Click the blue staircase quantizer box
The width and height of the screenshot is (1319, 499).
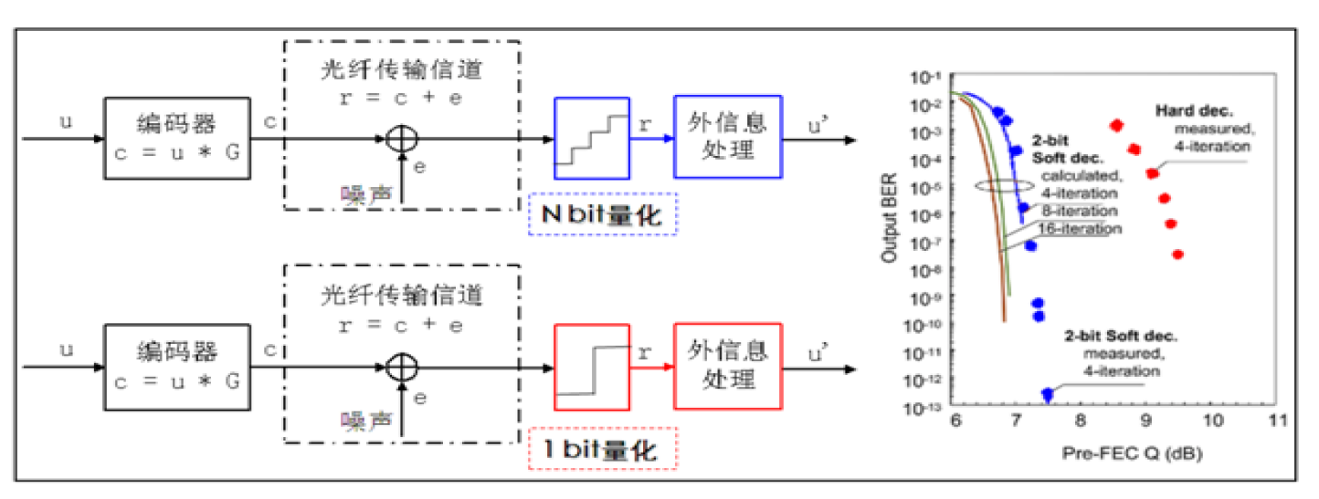(x=592, y=137)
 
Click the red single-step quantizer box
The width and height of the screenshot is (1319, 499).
(x=592, y=368)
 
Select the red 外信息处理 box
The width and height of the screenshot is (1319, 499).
(x=727, y=366)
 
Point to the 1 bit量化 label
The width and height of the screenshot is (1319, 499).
(x=603, y=448)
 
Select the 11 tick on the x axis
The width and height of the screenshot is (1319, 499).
(x=1276, y=421)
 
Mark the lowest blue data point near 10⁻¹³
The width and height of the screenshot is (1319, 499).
(x=1048, y=395)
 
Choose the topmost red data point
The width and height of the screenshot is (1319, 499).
(x=1116, y=125)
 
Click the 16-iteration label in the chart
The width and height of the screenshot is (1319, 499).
(x=1082, y=229)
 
